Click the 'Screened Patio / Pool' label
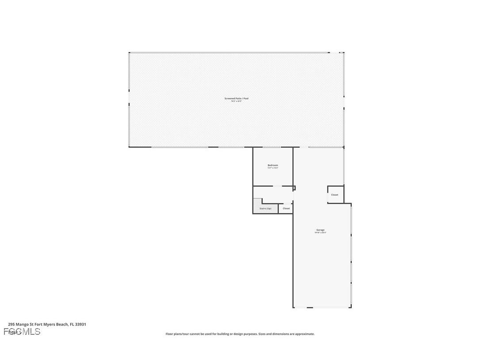coord(236,98)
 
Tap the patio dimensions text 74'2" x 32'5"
coord(236,101)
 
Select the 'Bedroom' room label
coord(273,165)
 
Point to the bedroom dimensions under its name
coord(273,168)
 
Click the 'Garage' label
coord(320,230)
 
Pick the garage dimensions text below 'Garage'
coord(320,233)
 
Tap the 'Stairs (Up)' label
coord(265,208)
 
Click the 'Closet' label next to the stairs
coord(286,208)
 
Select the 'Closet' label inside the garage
coord(335,195)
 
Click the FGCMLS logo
coord(22,332)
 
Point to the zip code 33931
coord(80,324)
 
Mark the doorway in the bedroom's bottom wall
coord(277,186)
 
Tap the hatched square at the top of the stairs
coord(258,203)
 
